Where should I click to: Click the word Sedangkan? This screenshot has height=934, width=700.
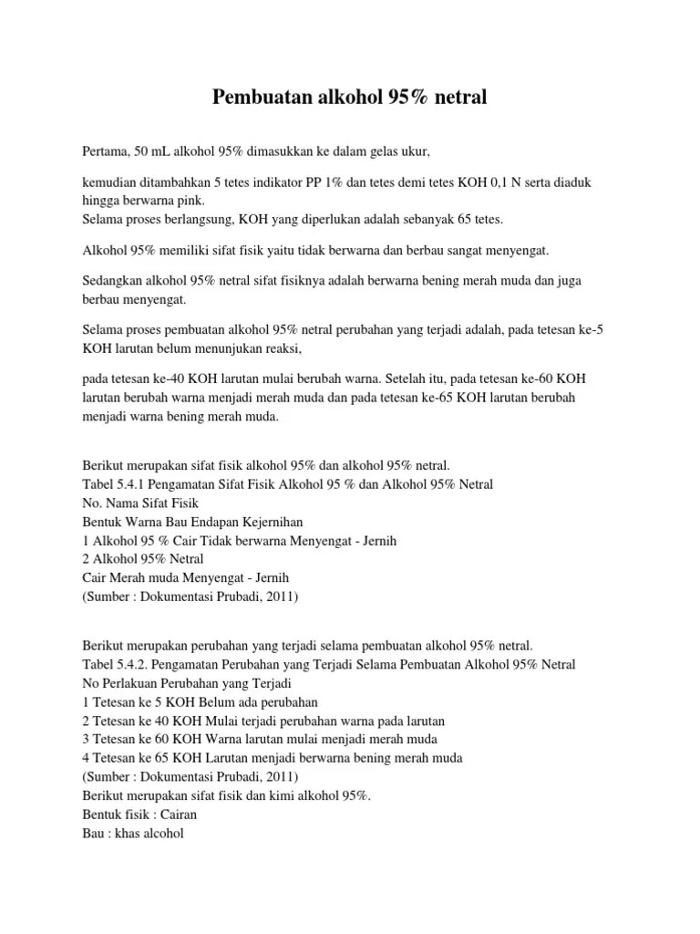coord(114,282)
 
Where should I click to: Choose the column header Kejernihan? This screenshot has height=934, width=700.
coord(271,521)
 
